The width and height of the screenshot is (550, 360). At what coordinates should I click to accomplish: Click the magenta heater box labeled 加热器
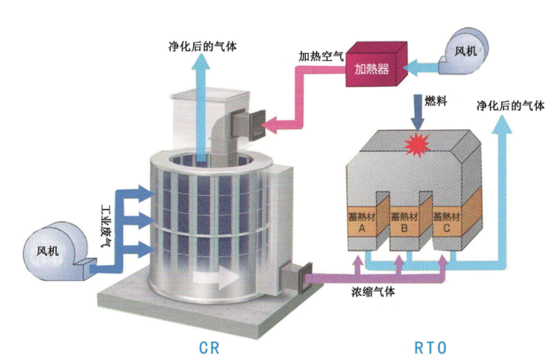point(373,67)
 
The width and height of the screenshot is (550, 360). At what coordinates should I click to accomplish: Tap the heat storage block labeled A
point(361,222)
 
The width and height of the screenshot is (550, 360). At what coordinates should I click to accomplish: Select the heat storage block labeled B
point(403,222)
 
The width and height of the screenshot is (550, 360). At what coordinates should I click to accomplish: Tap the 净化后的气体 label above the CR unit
point(202,47)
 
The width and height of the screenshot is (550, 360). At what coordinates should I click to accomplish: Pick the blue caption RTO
point(431,347)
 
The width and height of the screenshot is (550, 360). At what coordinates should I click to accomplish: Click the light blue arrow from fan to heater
point(425,65)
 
